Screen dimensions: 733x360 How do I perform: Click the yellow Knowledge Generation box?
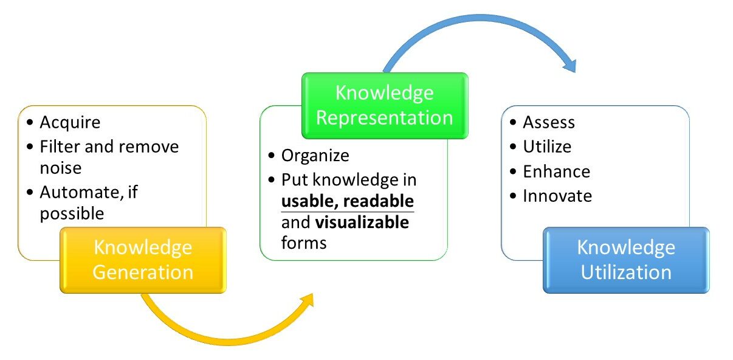[143, 260]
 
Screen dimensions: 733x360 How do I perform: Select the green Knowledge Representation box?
[385, 106]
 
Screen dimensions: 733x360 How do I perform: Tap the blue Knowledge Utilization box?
[626, 260]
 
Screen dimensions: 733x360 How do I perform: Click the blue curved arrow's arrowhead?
[570, 66]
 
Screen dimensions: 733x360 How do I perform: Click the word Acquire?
[70, 123]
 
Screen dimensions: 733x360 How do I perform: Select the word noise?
[61, 168]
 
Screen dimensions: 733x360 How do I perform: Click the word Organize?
[315, 156]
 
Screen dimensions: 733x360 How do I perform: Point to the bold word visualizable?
[362, 222]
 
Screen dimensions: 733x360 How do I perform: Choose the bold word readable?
[379, 201]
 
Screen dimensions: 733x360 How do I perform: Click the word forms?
[304, 243]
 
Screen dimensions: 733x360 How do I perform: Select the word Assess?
[549, 122]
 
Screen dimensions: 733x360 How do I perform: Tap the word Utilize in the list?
[547, 147]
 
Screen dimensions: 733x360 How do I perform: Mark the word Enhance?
[557, 171]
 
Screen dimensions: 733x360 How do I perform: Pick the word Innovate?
[557, 196]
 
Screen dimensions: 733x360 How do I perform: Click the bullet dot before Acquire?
[30, 122]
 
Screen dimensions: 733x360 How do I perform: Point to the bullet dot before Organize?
[271, 155]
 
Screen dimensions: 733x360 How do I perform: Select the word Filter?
[60, 147]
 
